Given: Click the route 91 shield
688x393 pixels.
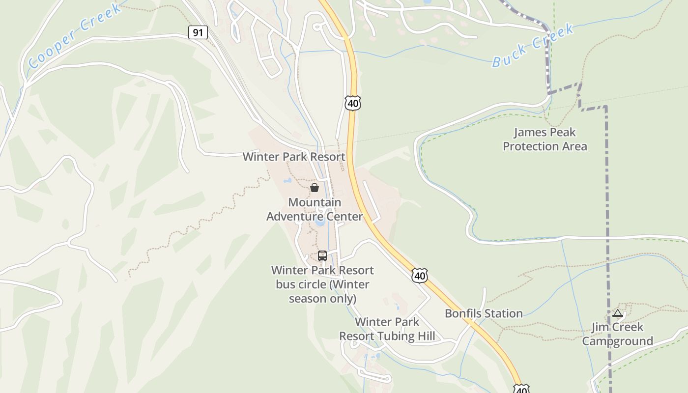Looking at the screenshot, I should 198,33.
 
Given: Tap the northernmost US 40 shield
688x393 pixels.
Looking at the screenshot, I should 353,103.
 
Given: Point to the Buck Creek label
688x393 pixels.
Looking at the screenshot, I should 533,45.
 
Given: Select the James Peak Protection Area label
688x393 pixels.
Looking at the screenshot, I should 545,139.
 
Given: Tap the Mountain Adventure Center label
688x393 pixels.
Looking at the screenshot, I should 315,209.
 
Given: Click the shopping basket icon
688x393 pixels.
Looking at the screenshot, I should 315,188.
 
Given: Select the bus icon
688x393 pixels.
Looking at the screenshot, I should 322,255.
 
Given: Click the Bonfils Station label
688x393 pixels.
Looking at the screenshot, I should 484,313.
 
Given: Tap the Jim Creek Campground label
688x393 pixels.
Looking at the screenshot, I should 617,334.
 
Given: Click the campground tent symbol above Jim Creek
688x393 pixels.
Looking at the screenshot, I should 618,313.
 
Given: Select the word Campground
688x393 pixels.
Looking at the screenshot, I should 617,341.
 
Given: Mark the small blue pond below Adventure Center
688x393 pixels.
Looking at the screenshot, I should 320,222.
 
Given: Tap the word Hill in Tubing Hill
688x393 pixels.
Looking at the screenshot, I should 426,336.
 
